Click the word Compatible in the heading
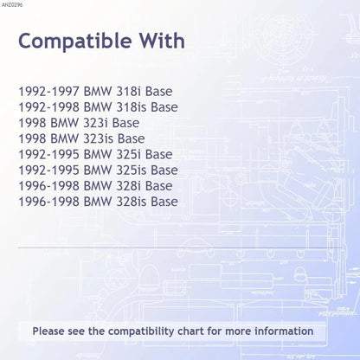click(x=75, y=42)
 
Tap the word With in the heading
click(x=163, y=41)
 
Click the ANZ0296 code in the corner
click(x=12, y=5)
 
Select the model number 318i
click(x=128, y=92)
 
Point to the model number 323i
click(x=95, y=123)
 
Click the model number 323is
click(x=98, y=138)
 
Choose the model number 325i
click(x=128, y=154)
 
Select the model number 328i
click(x=128, y=186)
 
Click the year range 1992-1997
click(x=48, y=92)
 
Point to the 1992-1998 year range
click(x=48, y=107)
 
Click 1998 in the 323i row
click(x=32, y=123)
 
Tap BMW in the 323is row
click(x=65, y=138)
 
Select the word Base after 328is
click(x=164, y=202)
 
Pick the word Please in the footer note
click(x=48, y=331)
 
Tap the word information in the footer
click(x=284, y=331)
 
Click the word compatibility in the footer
click(x=141, y=331)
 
